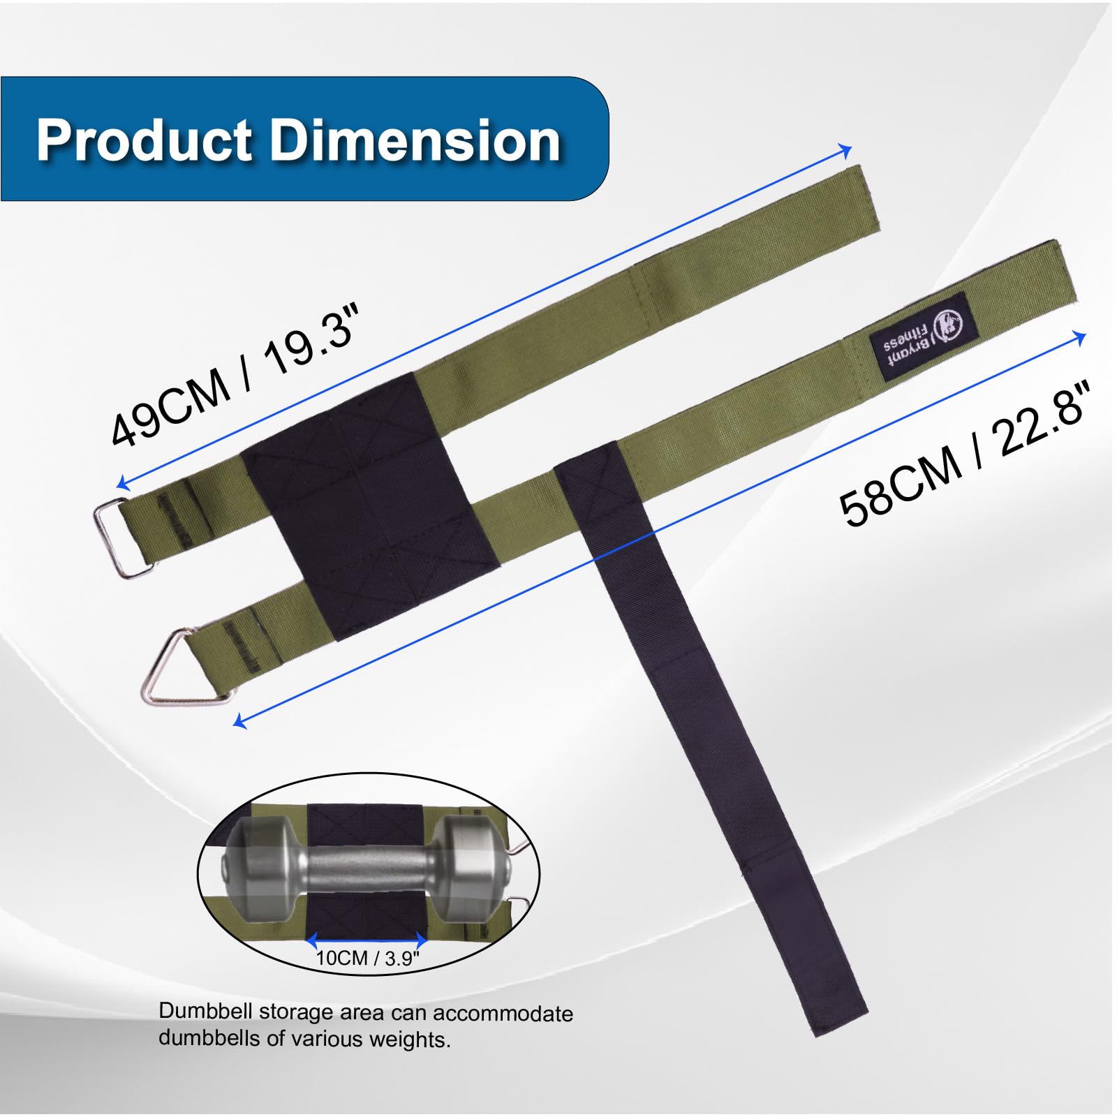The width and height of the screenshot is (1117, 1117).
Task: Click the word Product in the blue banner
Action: click(145, 140)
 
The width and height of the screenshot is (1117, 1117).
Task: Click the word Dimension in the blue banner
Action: click(415, 140)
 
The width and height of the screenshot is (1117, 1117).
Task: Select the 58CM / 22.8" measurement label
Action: click(965, 454)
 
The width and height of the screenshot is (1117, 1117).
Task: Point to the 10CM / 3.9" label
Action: click(368, 958)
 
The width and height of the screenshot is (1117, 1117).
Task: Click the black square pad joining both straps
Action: click(370, 506)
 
